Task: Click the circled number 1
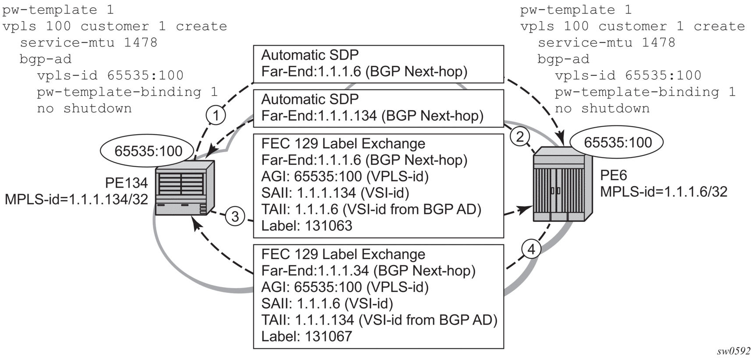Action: pyautogui.click(x=216, y=116)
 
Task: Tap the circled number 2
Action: pyautogui.click(x=520, y=137)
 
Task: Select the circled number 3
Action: pyautogui.click(x=235, y=216)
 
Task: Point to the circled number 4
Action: pyautogui.click(x=531, y=250)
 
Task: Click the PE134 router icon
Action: pyautogui.click(x=185, y=188)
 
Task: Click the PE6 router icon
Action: pyautogui.click(x=562, y=184)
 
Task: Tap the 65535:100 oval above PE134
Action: pyautogui.click(x=148, y=151)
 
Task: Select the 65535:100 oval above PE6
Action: pyautogui.click(x=617, y=143)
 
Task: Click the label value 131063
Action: pyautogui.click(x=329, y=225)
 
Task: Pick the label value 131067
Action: pyautogui.click(x=329, y=336)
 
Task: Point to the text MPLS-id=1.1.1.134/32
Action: pyautogui.click(x=76, y=199)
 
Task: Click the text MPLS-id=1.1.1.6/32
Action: pyautogui.click(x=664, y=192)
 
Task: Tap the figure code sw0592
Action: pyautogui.click(x=734, y=352)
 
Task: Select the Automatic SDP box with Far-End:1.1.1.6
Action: pyautogui.click(x=379, y=64)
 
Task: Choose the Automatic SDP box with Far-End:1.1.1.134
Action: pyautogui.click(x=379, y=108)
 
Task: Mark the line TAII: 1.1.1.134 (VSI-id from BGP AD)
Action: pyautogui.click(x=380, y=320)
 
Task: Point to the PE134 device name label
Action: pyautogui.click(x=126, y=182)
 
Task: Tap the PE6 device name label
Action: pyautogui.click(x=614, y=175)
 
